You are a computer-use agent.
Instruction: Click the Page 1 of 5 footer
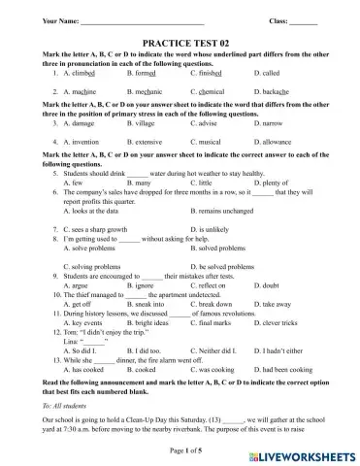coord(180,451)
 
